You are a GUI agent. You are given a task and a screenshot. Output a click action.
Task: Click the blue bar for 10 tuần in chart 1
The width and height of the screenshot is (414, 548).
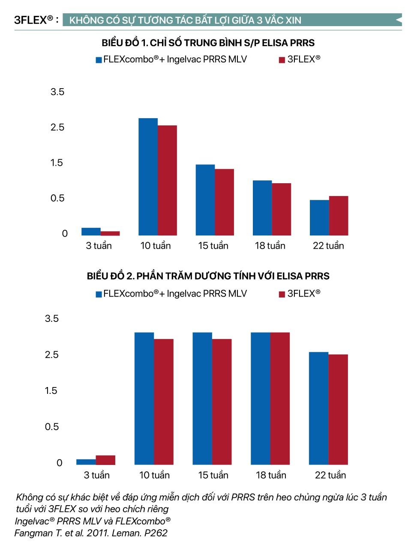pos(148,176)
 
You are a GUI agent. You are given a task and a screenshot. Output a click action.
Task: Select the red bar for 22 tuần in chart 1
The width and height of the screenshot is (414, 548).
pos(339,216)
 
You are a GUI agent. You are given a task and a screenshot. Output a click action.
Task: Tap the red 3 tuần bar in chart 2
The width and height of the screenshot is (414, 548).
pos(105,460)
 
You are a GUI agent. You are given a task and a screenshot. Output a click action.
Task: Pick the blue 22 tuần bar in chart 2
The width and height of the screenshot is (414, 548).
pos(318,408)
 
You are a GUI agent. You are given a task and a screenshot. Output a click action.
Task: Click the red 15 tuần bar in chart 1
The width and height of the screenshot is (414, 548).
pos(224,202)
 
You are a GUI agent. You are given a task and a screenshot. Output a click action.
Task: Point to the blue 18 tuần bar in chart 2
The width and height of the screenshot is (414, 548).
pos(260,398)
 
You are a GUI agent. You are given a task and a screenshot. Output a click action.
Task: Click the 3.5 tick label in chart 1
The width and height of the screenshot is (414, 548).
pos(57,92)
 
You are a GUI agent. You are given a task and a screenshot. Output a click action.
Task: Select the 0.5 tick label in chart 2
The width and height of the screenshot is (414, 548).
pos(52,426)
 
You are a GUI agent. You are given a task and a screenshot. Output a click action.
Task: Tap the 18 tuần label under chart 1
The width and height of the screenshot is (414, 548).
pos(270,246)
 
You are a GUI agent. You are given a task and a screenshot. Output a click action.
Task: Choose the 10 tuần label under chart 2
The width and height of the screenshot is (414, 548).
pos(154,475)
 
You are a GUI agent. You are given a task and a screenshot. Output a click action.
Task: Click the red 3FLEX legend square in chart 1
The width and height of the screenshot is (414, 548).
pos(282,60)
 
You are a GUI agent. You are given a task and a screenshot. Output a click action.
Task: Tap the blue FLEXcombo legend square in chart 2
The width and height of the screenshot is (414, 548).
pos(99,294)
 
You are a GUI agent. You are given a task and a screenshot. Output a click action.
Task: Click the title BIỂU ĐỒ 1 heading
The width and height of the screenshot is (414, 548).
pos(208,43)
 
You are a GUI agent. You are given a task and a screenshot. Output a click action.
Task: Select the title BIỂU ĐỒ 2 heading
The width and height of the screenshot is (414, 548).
pos(208,276)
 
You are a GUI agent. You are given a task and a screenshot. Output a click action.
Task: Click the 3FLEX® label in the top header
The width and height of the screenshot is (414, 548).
pos(34,20)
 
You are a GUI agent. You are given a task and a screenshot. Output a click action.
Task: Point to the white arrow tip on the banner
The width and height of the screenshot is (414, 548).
pos(398,20)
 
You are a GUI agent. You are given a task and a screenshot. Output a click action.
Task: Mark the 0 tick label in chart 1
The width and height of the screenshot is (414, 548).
pos(65,234)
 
